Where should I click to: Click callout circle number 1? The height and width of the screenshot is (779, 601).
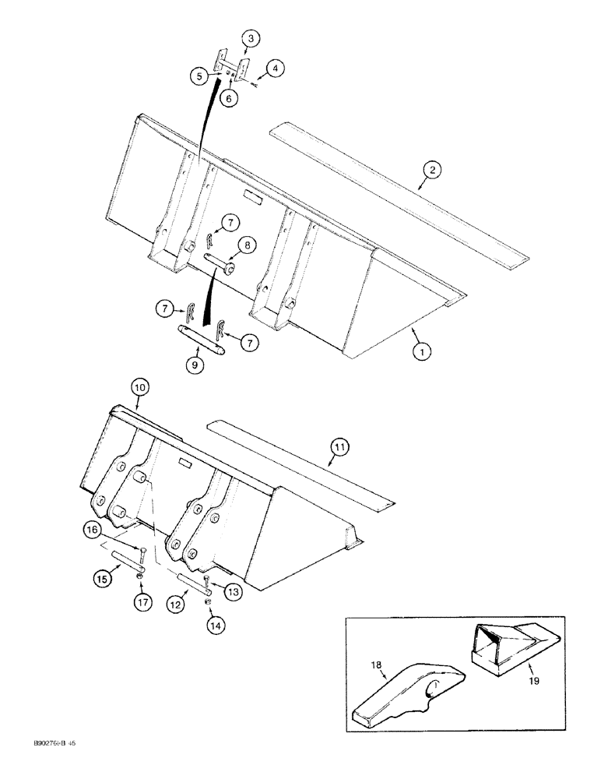point(421,352)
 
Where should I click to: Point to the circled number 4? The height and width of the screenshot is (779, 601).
point(275,69)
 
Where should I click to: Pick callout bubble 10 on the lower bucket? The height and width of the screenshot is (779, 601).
point(140,386)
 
